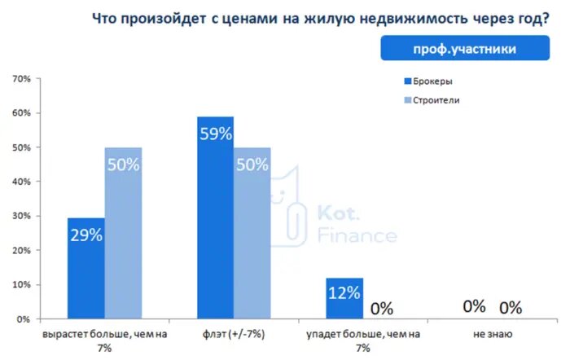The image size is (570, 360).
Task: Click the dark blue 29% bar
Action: [85, 269]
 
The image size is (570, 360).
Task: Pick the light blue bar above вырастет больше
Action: [123, 233]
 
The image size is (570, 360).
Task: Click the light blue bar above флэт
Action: [252, 233]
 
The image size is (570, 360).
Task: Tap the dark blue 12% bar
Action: [344, 298]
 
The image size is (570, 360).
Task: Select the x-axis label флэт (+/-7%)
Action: [233, 334]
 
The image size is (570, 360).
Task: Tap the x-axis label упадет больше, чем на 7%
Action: [362, 340]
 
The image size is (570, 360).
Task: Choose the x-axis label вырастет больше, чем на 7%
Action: [104, 340]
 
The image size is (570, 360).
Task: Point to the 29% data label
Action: [85, 235]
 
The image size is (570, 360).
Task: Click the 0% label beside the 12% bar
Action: [381, 309]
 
